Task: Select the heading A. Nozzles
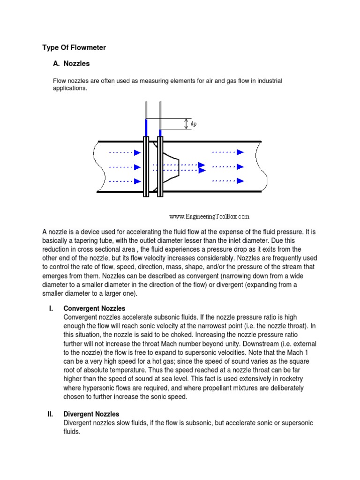pyautogui.click(x=71, y=63)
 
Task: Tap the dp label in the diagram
pyautogui.click(x=194, y=124)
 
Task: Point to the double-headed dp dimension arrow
pyautogui.click(x=186, y=124)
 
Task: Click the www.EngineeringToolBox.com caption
pyautogui.click(x=209, y=217)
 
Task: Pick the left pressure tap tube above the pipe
pyautogui.click(x=146, y=117)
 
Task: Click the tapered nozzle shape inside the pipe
pyautogui.click(x=171, y=166)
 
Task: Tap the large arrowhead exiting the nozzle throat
pyautogui.click(x=202, y=166)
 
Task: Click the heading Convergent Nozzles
pyautogui.click(x=94, y=308)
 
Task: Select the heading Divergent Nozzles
pyautogui.click(x=91, y=414)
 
